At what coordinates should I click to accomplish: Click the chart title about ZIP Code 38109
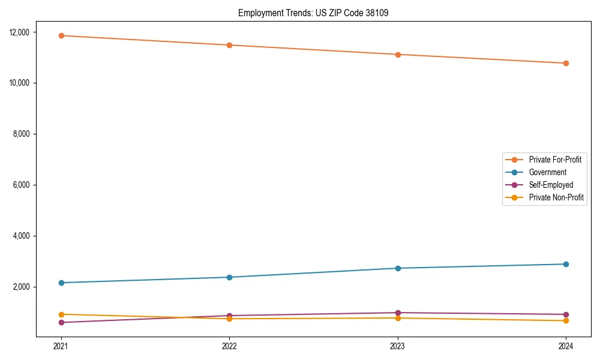click(x=313, y=13)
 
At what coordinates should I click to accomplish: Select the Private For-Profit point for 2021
click(x=61, y=35)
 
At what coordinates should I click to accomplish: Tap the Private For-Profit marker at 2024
click(x=566, y=63)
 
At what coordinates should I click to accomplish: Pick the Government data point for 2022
click(x=229, y=277)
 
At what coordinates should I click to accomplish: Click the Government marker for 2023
click(x=398, y=268)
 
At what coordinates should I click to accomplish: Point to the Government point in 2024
click(x=566, y=264)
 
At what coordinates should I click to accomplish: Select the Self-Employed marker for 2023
click(x=398, y=313)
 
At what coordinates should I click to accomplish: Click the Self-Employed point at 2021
click(x=61, y=322)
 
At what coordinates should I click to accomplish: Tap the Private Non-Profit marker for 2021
click(x=61, y=314)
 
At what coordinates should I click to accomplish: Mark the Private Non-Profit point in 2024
click(x=566, y=320)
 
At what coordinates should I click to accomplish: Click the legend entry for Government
click(x=547, y=172)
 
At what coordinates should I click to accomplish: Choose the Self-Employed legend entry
click(x=551, y=185)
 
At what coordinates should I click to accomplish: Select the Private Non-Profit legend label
click(x=556, y=197)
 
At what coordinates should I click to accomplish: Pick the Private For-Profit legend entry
click(x=555, y=160)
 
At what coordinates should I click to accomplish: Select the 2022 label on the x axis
click(x=229, y=346)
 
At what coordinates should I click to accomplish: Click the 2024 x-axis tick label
click(x=566, y=346)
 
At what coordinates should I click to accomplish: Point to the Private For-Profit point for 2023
click(x=398, y=55)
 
